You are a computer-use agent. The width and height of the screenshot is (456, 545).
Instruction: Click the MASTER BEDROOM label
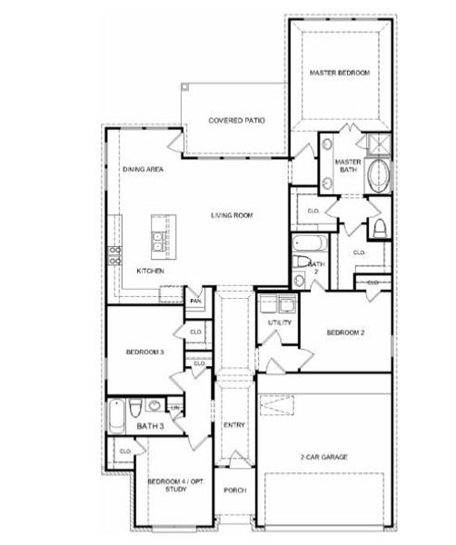[x=340, y=73]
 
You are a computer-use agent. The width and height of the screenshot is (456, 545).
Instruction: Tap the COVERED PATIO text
[x=236, y=121]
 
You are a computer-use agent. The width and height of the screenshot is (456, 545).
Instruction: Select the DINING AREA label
[x=144, y=171]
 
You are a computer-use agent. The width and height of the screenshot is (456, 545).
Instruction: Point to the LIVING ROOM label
[x=232, y=215]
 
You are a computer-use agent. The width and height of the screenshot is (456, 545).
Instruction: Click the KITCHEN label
[x=150, y=271]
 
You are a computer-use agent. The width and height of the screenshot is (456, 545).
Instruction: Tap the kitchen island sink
[x=162, y=239]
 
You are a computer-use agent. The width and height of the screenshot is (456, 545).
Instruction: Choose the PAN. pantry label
[x=195, y=301]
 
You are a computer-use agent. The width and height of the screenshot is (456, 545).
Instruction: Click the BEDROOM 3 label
[x=144, y=352]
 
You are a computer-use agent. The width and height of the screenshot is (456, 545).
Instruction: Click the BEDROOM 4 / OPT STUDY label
[x=168, y=484]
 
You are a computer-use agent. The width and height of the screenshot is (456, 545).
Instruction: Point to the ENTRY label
[x=233, y=425]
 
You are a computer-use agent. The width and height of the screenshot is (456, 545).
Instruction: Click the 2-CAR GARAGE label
[x=324, y=457]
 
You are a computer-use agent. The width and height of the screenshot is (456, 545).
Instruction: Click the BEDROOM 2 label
[x=345, y=332]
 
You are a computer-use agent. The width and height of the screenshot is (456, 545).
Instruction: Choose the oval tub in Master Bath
[x=377, y=175]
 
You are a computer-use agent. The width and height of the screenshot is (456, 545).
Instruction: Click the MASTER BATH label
[x=349, y=166]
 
